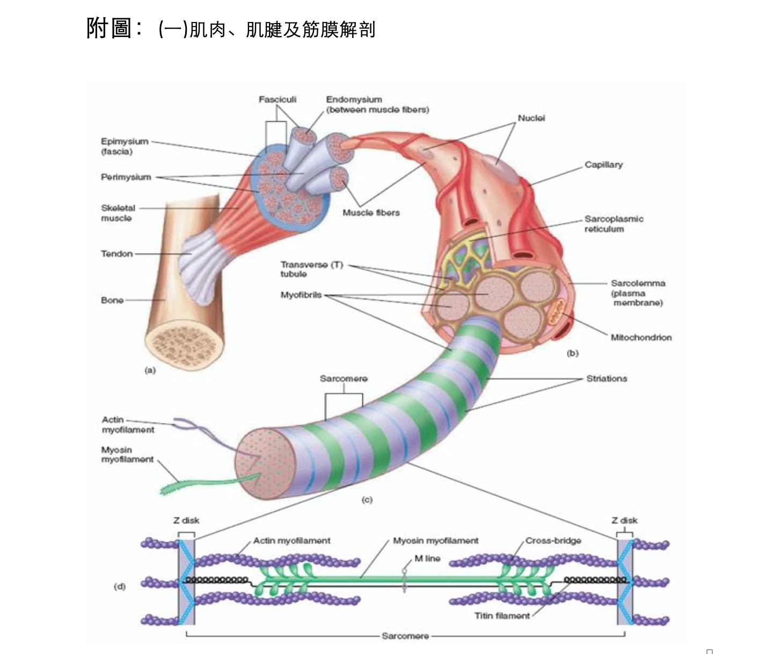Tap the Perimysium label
[x=126, y=177]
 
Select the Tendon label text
[x=117, y=254]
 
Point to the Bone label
[x=112, y=300]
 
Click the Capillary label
[x=604, y=165]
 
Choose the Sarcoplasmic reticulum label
[x=614, y=224]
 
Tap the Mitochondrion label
[x=641, y=338]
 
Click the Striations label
[x=607, y=379]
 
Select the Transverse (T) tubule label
[x=311, y=269]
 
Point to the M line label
[x=427, y=558]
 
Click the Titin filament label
[x=502, y=616]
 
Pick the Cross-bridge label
[x=553, y=541]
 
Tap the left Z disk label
[x=186, y=520]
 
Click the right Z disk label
[x=625, y=520]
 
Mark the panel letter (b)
[x=573, y=353]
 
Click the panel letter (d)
[x=120, y=586]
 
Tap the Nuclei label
[x=531, y=118]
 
